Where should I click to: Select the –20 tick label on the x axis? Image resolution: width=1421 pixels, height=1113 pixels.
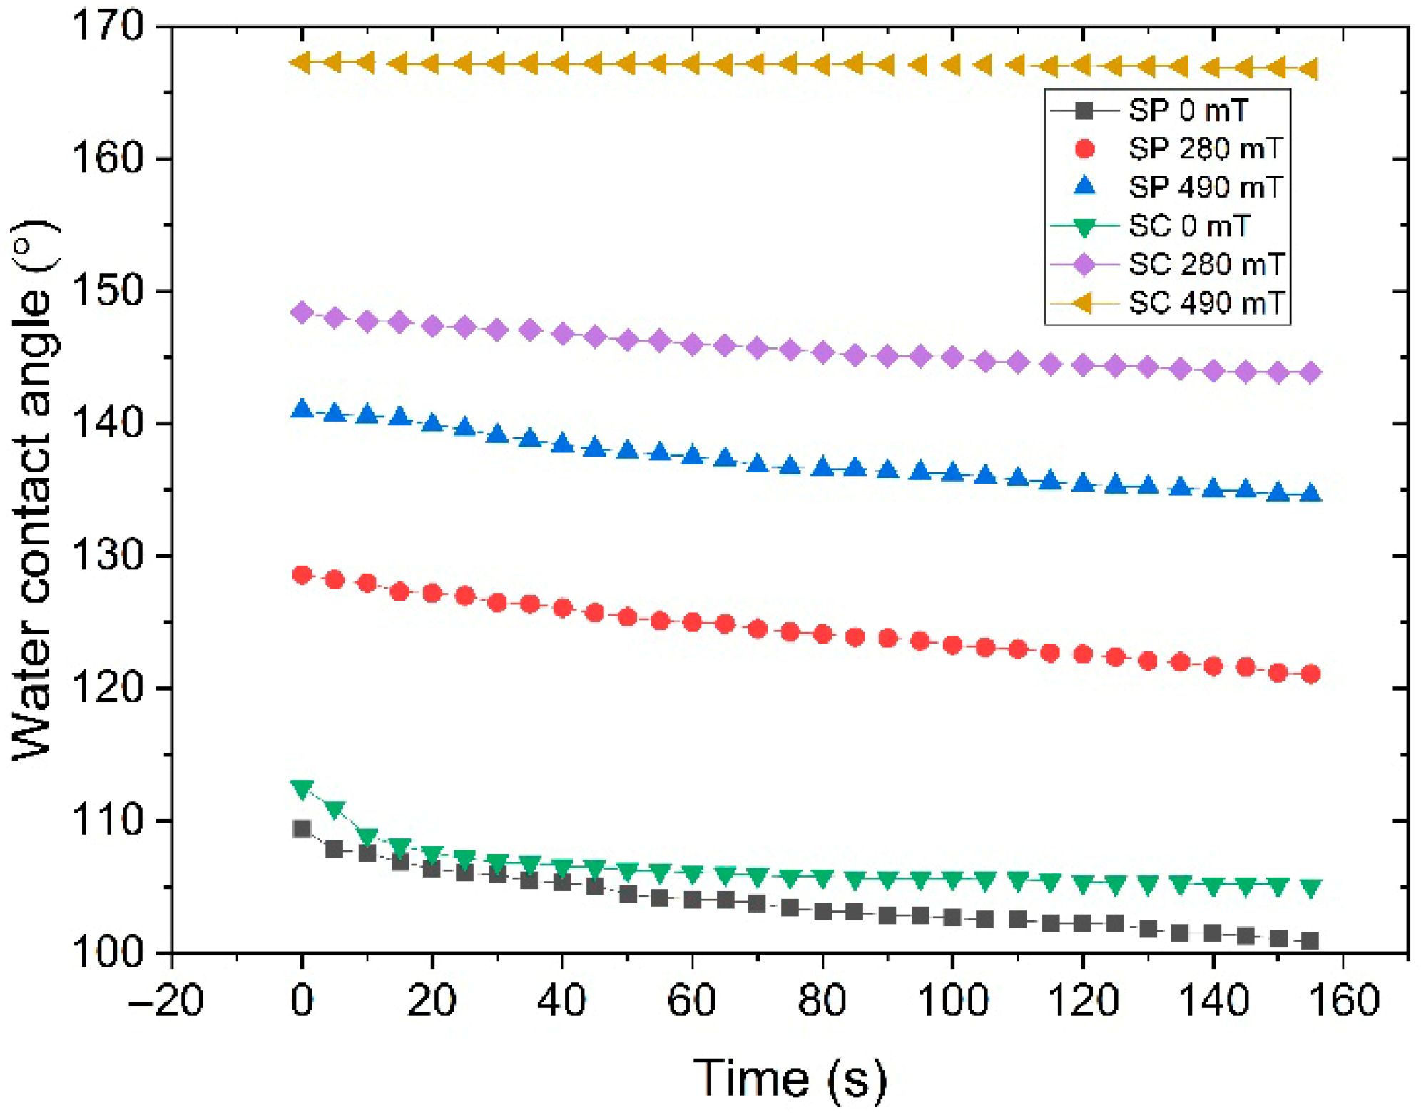pyautogui.click(x=165, y=1001)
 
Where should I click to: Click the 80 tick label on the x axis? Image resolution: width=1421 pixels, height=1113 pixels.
pyautogui.click(x=822, y=1001)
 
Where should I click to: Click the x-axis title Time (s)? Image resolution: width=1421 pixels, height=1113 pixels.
pyautogui.click(x=790, y=1078)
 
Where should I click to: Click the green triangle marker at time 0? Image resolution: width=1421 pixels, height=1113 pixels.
pyautogui.click(x=302, y=789)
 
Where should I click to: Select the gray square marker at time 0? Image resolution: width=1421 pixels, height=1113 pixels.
pyautogui.click(x=302, y=829)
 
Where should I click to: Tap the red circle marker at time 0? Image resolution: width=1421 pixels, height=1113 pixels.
pyautogui.click(x=302, y=575)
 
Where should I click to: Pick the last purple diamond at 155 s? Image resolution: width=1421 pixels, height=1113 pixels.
pyautogui.click(x=1310, y=372)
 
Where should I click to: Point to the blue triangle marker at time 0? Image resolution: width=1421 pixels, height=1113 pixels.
pyautogui.click(x=302, y=409)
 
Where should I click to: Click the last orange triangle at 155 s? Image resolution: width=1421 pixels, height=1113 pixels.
pyautogui.click(x=1308, y=69)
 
